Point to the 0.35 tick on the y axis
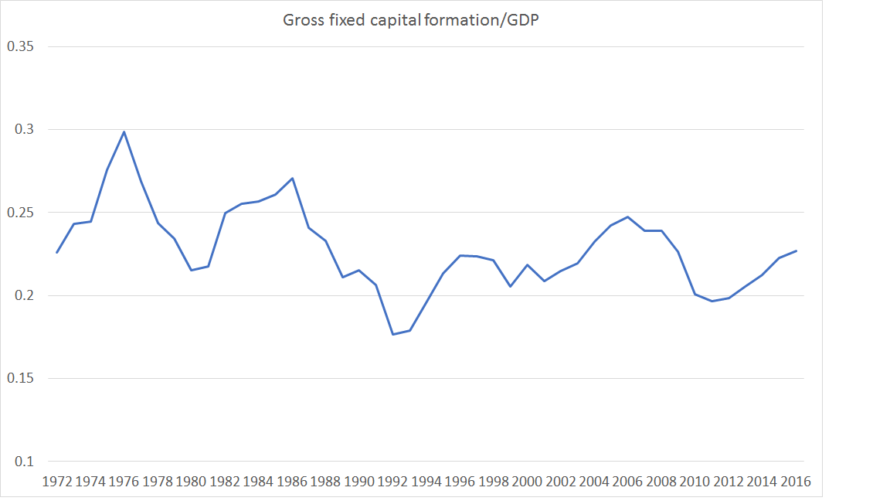[x=20, y=46]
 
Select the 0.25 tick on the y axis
[x=20, y=213]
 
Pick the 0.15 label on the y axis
[x=20, y=379]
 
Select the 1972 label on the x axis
[x=57, y=482]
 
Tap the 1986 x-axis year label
[x=292, y=482]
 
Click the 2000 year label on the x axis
[x=527, y=482]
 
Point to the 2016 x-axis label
[x=796, y=482]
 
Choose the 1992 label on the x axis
[x=392, y=482]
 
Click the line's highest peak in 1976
[x=124, y=131]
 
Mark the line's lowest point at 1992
[x=392, y=334]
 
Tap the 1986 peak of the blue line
[x=292, y=179]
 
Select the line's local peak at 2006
[x=628, y=217]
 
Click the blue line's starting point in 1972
[x=57, y=252]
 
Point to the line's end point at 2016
[x=796, y=250]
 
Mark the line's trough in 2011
[x=712, y=301]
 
